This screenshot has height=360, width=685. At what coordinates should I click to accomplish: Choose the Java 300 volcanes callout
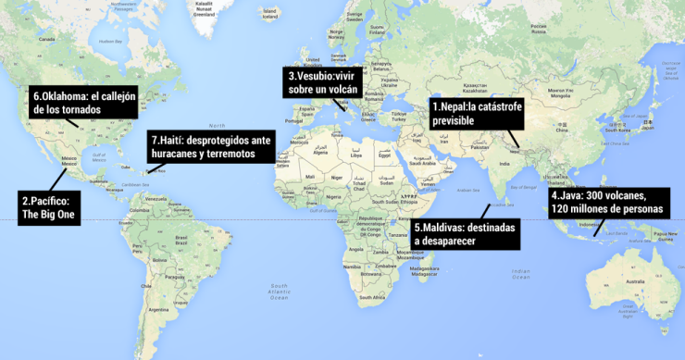pyautogui.click(x=606, y=202)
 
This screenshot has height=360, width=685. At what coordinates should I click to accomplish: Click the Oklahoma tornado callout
pyautogui.click(x=78, y=102)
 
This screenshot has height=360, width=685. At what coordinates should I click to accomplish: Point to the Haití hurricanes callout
pyautogui.click(x=210, y=146)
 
